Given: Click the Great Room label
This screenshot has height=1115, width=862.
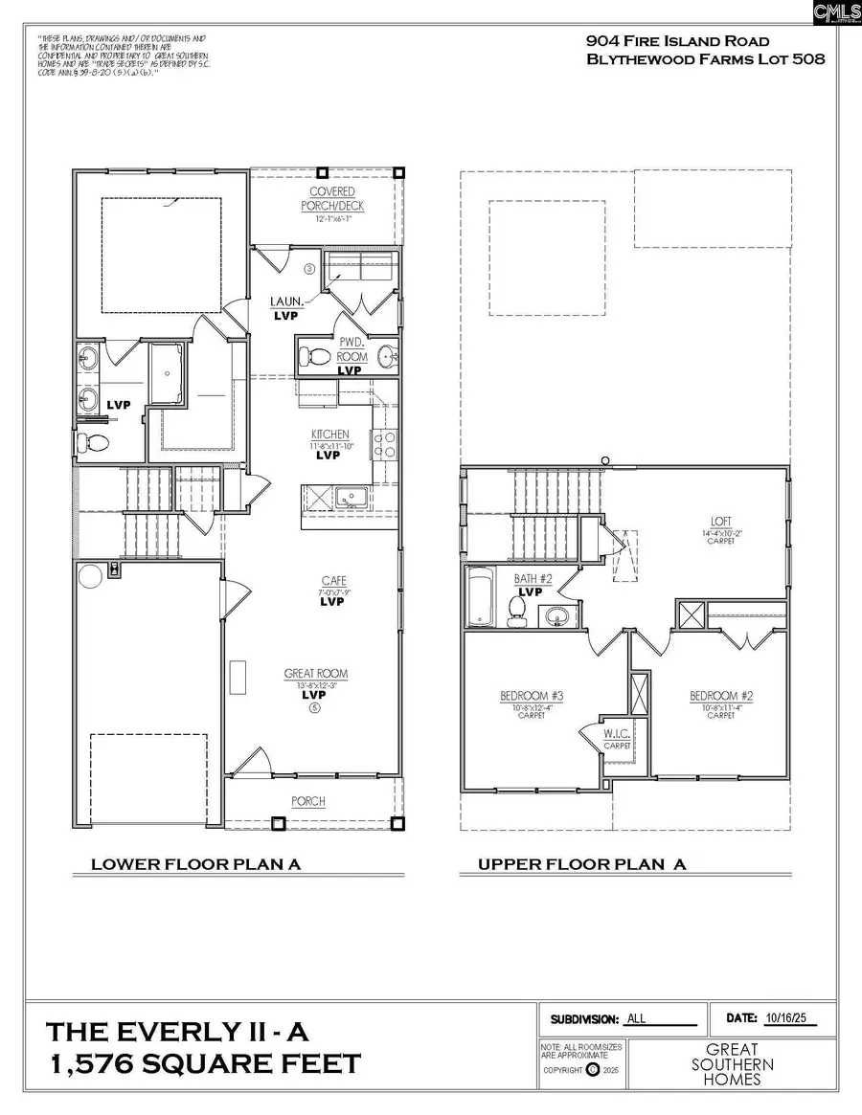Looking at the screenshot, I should [x=307, y=674].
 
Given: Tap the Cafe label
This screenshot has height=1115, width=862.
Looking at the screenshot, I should [x=332, y=581].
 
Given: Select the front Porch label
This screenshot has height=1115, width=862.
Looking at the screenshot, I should [x=308, y=801].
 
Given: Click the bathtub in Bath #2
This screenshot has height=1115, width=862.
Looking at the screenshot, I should [x=480, y=597].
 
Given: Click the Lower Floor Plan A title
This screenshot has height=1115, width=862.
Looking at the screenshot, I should [x=196, y=864].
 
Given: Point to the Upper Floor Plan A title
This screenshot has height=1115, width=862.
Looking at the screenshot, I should [x=582, y=864].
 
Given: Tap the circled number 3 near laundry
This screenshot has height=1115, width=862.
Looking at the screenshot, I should [x=309, y=269].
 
